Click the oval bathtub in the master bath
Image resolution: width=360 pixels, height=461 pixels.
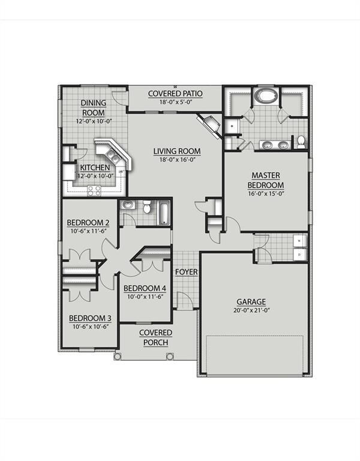265,96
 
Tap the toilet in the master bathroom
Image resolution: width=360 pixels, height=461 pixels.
301,141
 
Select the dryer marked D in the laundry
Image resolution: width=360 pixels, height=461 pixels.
301,255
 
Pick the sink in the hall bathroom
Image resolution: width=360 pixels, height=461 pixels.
127,205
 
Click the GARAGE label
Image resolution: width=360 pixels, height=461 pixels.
251,301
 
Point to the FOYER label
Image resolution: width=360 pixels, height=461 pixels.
186,272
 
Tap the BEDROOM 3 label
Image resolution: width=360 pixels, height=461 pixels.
89,318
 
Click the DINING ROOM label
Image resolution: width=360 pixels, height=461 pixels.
93,108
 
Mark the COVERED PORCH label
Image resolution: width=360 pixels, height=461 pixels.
155,337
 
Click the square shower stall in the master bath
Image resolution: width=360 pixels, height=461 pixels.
232,125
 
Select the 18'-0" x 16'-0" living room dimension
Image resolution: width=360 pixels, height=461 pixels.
176,160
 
